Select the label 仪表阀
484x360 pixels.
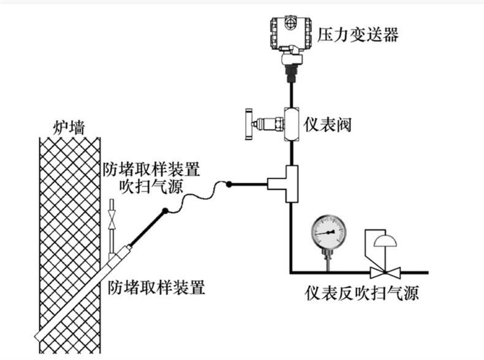click(327, 123)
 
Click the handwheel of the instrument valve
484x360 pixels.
click(249, 124)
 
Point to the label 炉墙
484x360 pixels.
click(68, 128)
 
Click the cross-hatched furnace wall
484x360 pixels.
click(67, 233)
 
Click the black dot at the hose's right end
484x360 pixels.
click(229, 183)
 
